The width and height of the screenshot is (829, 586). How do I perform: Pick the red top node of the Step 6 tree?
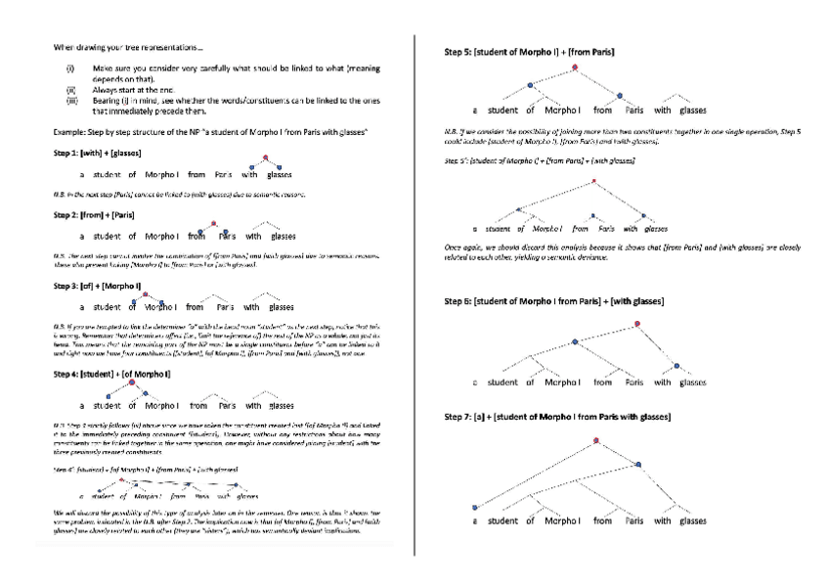[x=636, y=324]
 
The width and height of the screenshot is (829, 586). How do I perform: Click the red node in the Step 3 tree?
[x=145, y=293]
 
